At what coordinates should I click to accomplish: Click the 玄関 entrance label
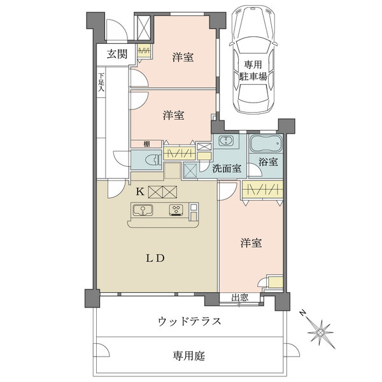(116, 53)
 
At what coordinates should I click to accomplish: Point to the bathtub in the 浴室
(264, 143)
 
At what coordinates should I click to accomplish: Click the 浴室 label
(268, 162)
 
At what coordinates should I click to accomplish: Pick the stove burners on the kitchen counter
(176, 209)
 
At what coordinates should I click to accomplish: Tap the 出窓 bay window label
(240, 297)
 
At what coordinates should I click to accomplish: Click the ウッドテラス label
(189, 322)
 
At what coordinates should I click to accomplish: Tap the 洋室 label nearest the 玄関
(183, 57)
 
